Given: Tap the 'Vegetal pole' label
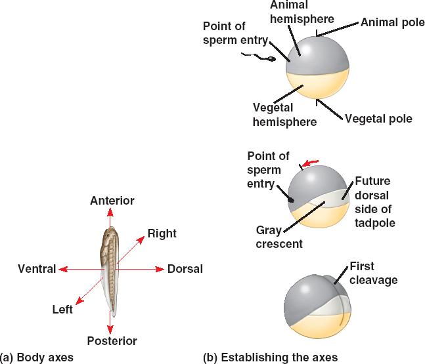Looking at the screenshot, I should point(378,119).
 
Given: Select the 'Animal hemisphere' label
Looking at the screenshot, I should point(302,12).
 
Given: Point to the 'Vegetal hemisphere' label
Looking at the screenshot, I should point(284,114).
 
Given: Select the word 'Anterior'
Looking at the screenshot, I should point(112,200).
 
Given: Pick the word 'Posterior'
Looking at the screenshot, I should point(112,340).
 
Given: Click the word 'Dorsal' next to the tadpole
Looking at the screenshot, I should point(185,269).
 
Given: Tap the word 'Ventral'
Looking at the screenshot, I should point(36,269).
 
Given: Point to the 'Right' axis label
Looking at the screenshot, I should point(162,233).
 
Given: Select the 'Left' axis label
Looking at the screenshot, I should point(62,309).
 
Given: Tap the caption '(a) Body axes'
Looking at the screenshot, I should point(37,357).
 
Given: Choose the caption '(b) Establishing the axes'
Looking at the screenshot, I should point(270,357).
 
